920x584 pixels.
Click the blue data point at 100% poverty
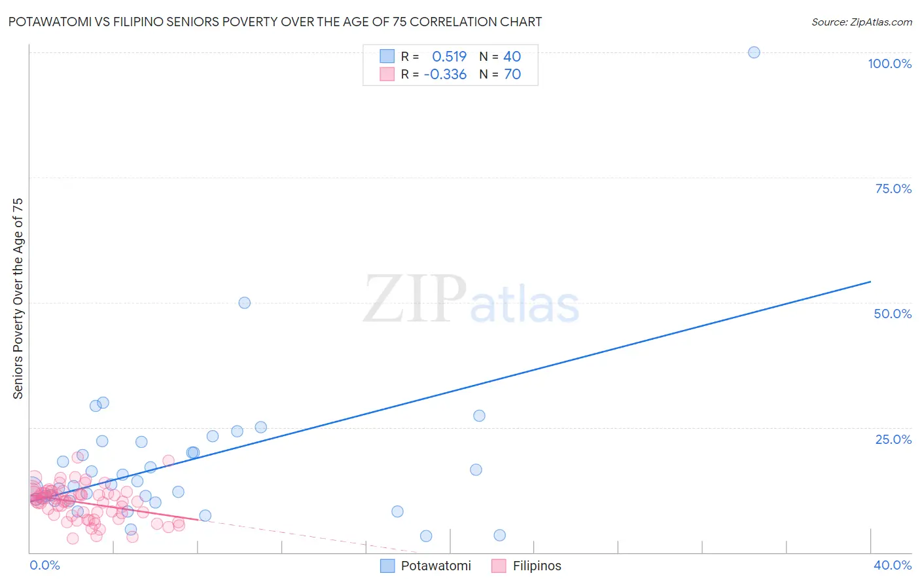[x=754, y=52]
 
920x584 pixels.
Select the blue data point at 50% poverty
[x=244, y=302]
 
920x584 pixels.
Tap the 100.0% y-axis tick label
[x=889, y=64]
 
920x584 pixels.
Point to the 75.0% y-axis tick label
[x=893, y=189]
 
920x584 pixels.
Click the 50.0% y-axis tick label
[x=893, y=314]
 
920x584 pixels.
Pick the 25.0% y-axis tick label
[x=893, y=439]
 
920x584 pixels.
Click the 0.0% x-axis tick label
[x=44, y=565]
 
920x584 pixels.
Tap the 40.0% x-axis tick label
[x=893, y=565]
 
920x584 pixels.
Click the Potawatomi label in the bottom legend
[x=436, y=566]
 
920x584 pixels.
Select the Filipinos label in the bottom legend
[x=537, y=566]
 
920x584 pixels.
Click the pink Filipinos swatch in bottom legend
[x=499, y=566]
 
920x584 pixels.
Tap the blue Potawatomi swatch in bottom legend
[x=387, y=566]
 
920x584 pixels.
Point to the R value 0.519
[x=449, y=56]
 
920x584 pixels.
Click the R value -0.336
[x=445, y=74]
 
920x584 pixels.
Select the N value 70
[x=512, y=74]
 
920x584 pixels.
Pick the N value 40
[x=512, y=56]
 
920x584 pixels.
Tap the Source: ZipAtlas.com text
[x=861, y=22]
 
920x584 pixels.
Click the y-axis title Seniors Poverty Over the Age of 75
[x=18, y=298]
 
